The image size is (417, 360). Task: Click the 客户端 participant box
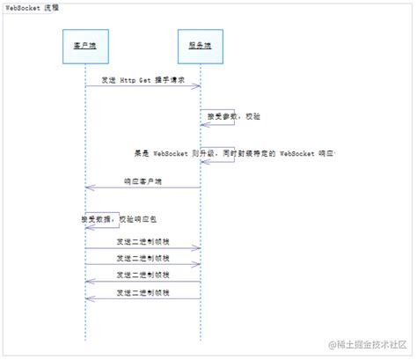pos(85,46)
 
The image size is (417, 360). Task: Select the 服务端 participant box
pos(201,46)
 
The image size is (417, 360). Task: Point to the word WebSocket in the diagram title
pos(21,7)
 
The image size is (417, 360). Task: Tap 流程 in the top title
pos(51,7)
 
